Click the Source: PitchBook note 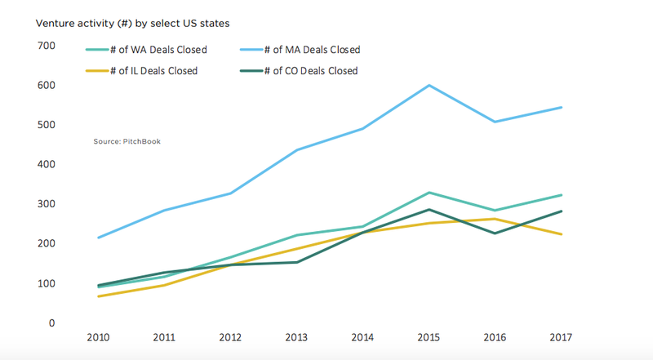127,142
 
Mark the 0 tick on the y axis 51,323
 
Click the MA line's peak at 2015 429,86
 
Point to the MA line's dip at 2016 495,122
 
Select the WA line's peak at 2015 429,193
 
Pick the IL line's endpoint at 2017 561,234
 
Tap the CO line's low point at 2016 495,233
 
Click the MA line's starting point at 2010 99,238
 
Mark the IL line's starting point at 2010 99,296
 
